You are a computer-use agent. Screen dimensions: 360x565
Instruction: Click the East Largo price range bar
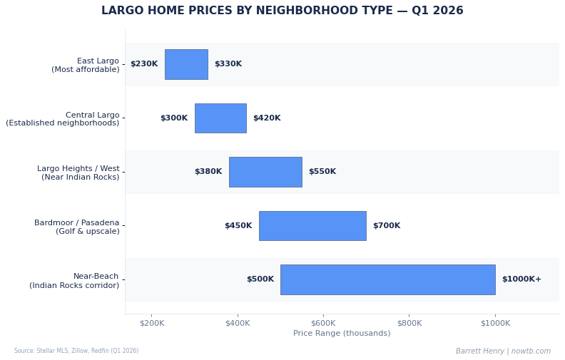[x=186, y=64]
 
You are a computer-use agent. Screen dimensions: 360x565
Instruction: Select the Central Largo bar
[x=220, y=118]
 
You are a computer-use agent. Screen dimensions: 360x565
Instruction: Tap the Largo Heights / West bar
[x=265, y=172]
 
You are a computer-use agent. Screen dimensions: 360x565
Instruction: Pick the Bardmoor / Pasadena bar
[x=312, y=226]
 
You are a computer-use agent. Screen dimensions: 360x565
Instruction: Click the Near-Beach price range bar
[x=387, y=279]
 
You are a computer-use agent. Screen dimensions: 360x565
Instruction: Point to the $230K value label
[x=144, y=64]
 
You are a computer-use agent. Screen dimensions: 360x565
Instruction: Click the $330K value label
[x=228, y=64]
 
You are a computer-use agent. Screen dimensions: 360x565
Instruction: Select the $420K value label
[x=267, y=118]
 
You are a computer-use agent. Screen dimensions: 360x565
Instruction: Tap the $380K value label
[x=208, y=172]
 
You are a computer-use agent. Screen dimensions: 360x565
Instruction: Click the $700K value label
[x=387, y=226]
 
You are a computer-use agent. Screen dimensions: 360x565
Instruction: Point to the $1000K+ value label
[x=521, y=279]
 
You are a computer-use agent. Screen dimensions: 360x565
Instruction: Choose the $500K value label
[x=260, y=279]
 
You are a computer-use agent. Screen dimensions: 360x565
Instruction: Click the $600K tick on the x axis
[x=323, y=323]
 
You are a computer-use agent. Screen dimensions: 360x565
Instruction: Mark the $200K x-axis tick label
[x=152, y=323]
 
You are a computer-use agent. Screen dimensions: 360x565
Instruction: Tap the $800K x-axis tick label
[x=409, y=323]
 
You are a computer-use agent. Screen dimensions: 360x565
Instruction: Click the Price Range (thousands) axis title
[x=342, y=334]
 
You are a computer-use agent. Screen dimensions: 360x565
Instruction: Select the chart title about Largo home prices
[x=282, y=11]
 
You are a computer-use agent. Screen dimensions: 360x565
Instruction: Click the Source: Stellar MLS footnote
[x=76, y=351]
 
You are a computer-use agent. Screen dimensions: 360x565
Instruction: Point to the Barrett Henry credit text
[x=503, y=351]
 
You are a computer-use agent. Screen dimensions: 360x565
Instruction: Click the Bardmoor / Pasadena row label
[x=77, y=227]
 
